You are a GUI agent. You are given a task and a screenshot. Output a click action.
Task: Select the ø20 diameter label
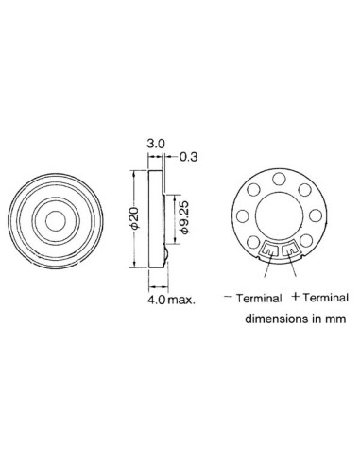135,220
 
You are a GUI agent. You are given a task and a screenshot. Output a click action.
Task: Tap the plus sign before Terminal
296,296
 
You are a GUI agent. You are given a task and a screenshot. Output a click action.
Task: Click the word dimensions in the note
272,319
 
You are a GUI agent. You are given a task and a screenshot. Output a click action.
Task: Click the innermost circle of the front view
59,218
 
